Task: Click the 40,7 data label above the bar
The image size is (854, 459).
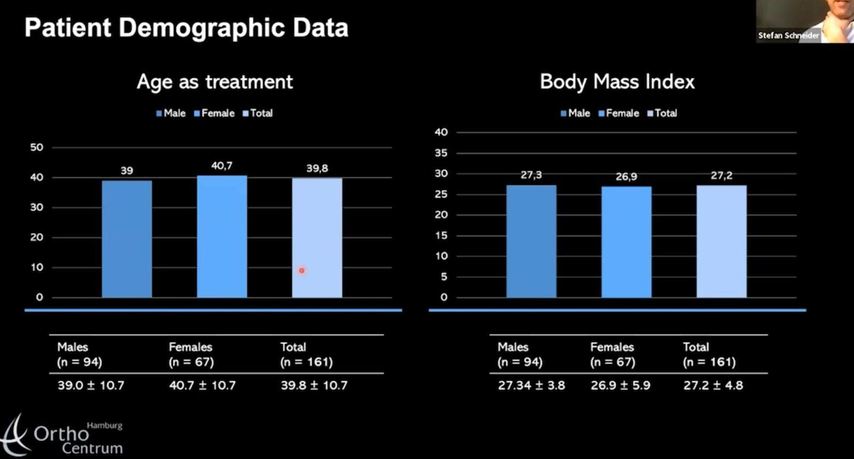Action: click(222, 166)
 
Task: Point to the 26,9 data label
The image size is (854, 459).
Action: click(626, 176)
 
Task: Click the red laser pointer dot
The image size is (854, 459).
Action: click(302, 271)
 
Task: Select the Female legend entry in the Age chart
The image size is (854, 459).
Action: click(214, 113)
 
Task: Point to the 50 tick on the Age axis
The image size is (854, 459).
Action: click(36, 147)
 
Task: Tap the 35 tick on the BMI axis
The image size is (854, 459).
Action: click(441, 153)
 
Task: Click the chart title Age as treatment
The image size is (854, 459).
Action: click(215, 82)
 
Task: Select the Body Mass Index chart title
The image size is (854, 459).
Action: click(617, 82)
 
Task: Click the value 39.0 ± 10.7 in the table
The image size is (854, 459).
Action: click(91, 385)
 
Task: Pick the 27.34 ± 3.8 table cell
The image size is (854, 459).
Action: click(531, 385)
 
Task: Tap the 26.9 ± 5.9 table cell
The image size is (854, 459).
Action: click(620, 385)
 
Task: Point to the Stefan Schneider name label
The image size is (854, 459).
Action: click(788, 36)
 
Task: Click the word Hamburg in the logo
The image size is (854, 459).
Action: click(105, 425)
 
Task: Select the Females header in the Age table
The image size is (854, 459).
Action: click(191, 347)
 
